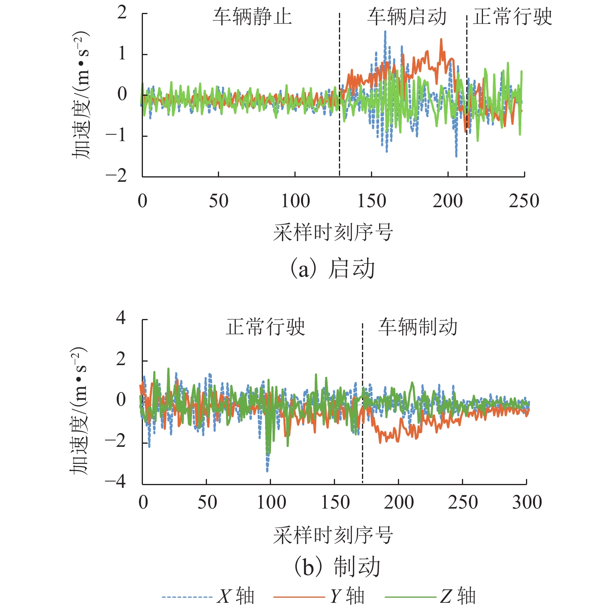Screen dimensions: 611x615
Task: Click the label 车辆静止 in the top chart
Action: click(252, 17)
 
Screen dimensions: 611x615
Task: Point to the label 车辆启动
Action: click(406, 17)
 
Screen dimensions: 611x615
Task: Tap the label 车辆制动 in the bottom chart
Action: click(417, 327)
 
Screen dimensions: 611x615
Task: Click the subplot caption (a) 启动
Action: click(332, 269)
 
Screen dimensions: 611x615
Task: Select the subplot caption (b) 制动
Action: click(337, 567)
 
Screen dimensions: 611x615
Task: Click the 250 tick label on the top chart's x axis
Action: click(524, 201)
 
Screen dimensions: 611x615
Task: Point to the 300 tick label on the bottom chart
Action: click(527, 502)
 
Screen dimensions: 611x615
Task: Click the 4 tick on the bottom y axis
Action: click(121, 317)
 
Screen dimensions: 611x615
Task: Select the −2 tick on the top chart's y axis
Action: click(116, 176)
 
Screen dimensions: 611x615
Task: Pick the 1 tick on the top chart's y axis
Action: click(122, 54)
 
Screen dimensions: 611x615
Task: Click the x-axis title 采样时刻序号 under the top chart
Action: click(333, 233)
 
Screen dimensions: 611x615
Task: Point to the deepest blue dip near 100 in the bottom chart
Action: click(267, 470)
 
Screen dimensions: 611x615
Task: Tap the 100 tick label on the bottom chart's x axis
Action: click(271, 502)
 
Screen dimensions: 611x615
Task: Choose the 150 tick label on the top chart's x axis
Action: click(371, 201)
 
